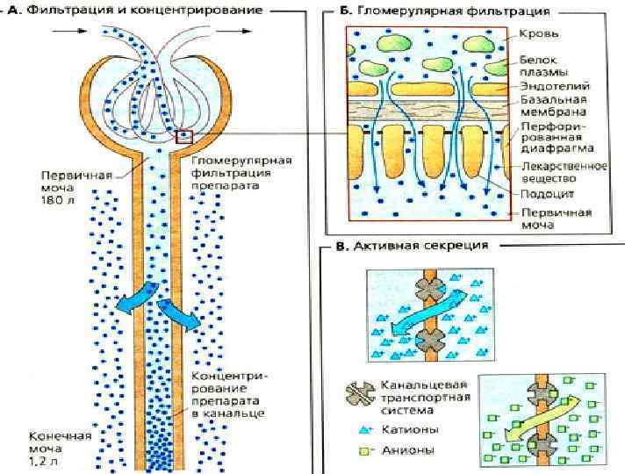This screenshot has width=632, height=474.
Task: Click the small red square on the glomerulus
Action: [183, 136]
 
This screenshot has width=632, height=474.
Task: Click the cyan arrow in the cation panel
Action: [428, 309]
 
